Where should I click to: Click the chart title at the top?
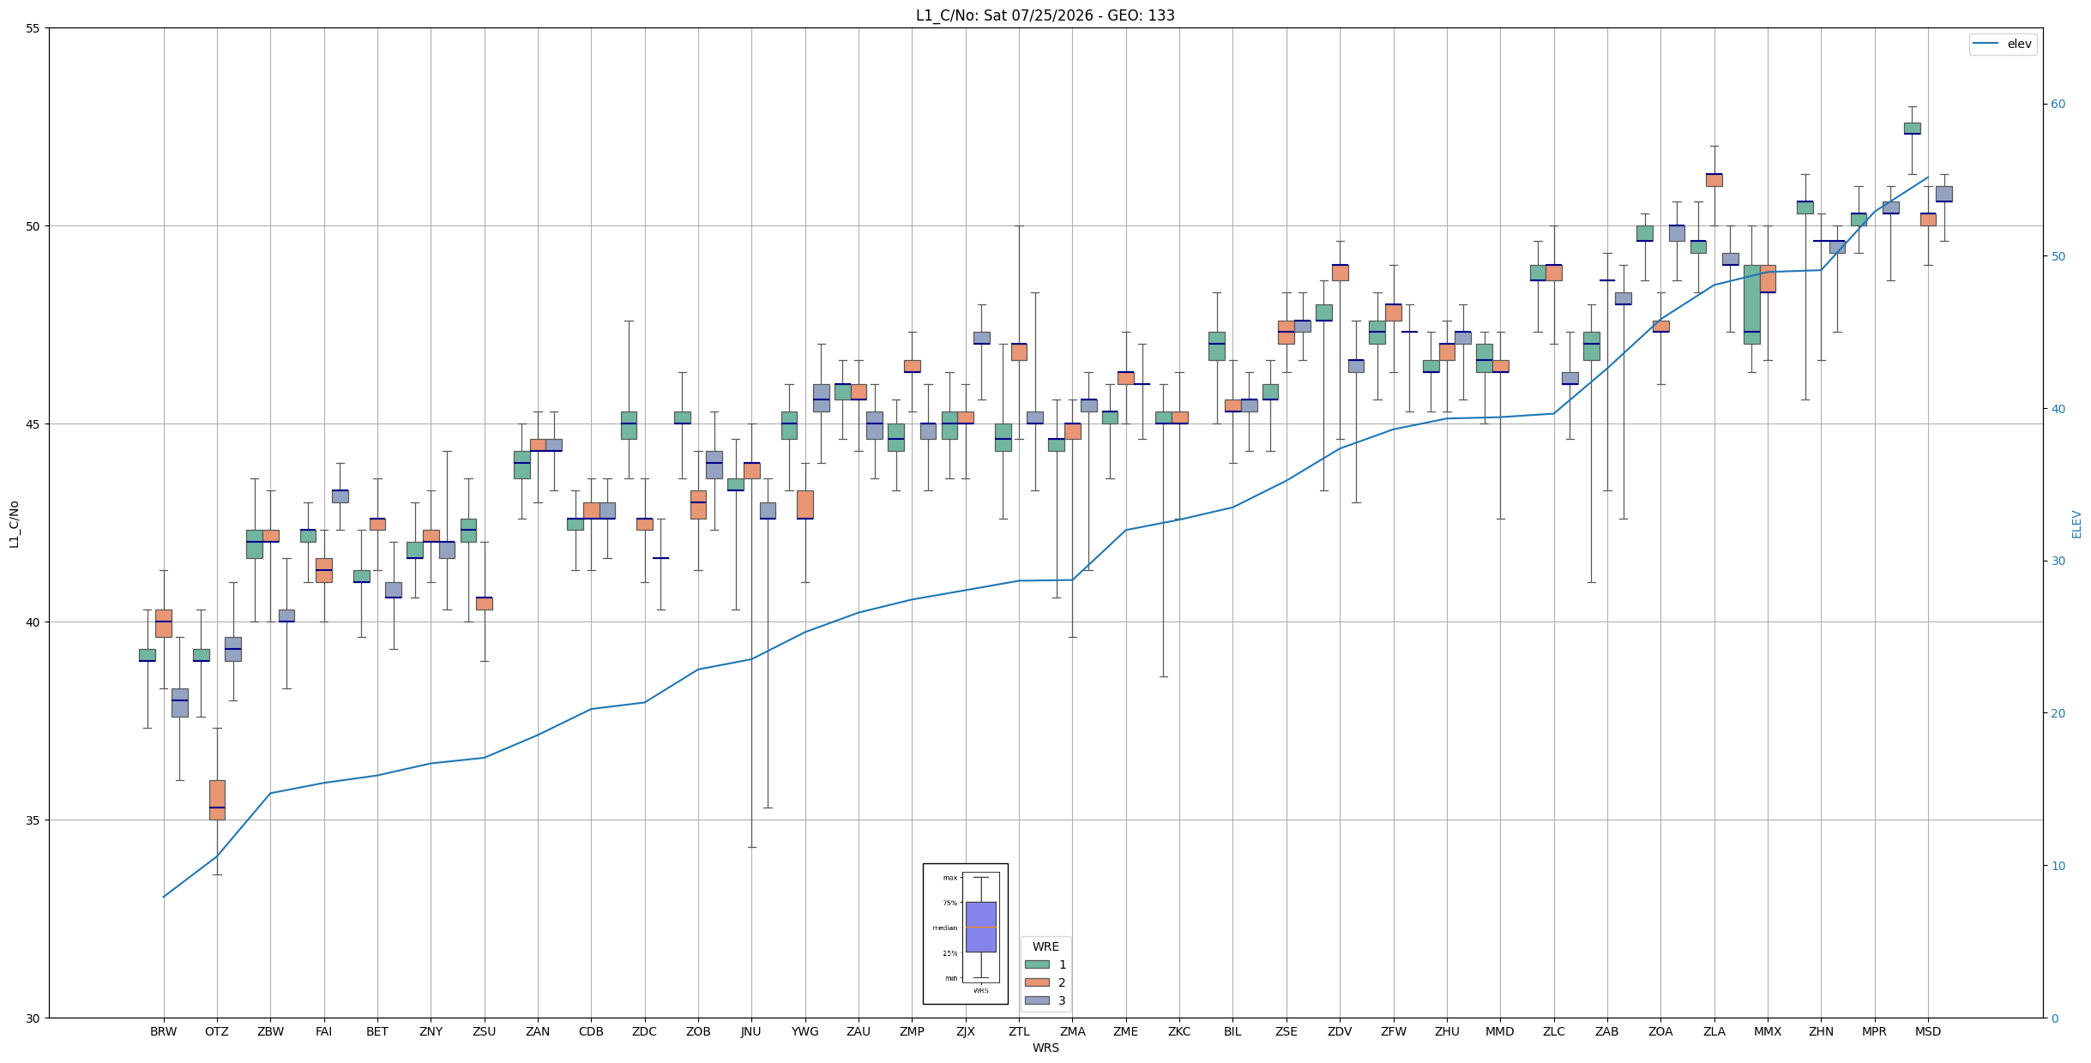(1045, 15)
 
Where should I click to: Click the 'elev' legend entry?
(2003, 44)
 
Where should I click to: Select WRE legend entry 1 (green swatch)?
(1045, 964)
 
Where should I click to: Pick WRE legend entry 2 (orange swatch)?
(1045, 982)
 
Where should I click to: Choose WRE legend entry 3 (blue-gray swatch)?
(1045, 1000)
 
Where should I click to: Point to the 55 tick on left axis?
(33, 28)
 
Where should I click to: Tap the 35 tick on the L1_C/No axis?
(33, 820)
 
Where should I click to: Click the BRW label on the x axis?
(163, 1031)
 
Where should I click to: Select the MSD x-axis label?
(1928, 1031)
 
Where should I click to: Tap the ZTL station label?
(1019, 1031)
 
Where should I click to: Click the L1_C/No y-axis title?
(15, 524)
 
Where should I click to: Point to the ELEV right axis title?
(2076, 524)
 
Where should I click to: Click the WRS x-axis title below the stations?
(1045, 1048)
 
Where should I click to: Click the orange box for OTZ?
(217, 800)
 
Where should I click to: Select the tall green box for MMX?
(1751, 304)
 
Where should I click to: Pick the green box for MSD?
(1912, 129)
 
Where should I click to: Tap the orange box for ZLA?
(1714, 179)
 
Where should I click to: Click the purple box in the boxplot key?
(981, 927)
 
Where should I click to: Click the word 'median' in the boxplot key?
(944, 928)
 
